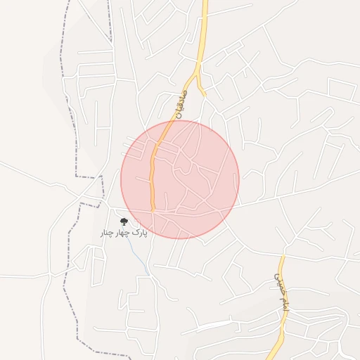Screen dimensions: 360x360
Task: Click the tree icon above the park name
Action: [124, 221]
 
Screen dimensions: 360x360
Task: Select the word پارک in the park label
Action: [140, 231]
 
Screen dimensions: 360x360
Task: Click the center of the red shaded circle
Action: [180, 179]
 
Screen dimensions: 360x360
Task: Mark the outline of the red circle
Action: [239, 179]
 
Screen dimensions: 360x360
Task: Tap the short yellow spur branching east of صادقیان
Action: [201, 89]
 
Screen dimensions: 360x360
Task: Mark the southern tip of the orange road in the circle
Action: [153, 209]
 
